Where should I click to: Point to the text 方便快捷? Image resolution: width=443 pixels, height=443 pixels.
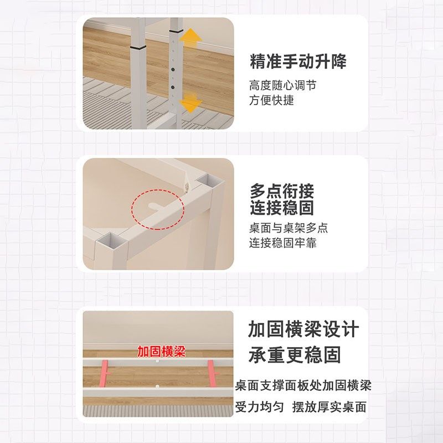pos(271,100)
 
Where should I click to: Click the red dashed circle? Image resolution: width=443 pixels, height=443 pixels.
pos(157,209)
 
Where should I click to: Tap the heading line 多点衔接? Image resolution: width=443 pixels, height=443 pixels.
pos(282,192)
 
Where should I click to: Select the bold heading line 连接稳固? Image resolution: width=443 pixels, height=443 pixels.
pos(282,208)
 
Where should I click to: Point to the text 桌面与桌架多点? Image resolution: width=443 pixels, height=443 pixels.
pos(288,228)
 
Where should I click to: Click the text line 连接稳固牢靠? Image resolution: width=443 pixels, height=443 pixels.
pos(282,243)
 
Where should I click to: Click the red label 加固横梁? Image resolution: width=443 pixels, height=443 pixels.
pos(161,352)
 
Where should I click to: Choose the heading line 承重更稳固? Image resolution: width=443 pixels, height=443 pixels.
pos(295,355)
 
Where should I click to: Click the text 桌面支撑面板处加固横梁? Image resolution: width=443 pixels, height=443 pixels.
pos(303,385)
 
